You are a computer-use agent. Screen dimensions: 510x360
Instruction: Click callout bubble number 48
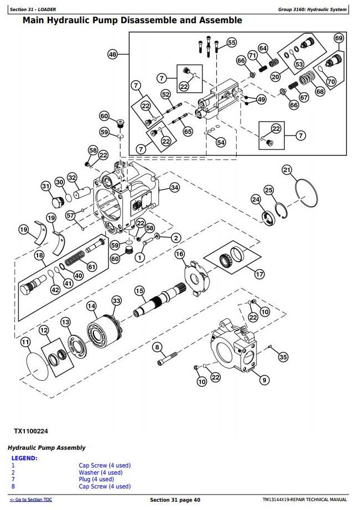tap(113, 55)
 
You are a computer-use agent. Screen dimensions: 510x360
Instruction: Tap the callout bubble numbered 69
tap(339, 38)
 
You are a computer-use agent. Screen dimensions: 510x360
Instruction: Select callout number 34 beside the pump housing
tap(175, 188)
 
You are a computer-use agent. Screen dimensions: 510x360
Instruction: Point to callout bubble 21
tap(286, 170)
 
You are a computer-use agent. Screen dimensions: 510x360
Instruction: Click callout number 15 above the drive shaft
tap(139, 291)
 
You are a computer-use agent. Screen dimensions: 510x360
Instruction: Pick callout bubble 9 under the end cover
tap(264, 380)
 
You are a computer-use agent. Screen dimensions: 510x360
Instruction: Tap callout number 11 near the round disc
tap(25, 343)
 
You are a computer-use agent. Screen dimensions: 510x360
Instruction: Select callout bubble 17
tap(259, 274)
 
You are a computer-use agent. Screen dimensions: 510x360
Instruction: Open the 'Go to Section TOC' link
tap(31, 500)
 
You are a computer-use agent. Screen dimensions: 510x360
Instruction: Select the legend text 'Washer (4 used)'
tap(101, 472)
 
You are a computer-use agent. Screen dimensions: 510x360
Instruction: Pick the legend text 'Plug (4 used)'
tap(97, 480)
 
